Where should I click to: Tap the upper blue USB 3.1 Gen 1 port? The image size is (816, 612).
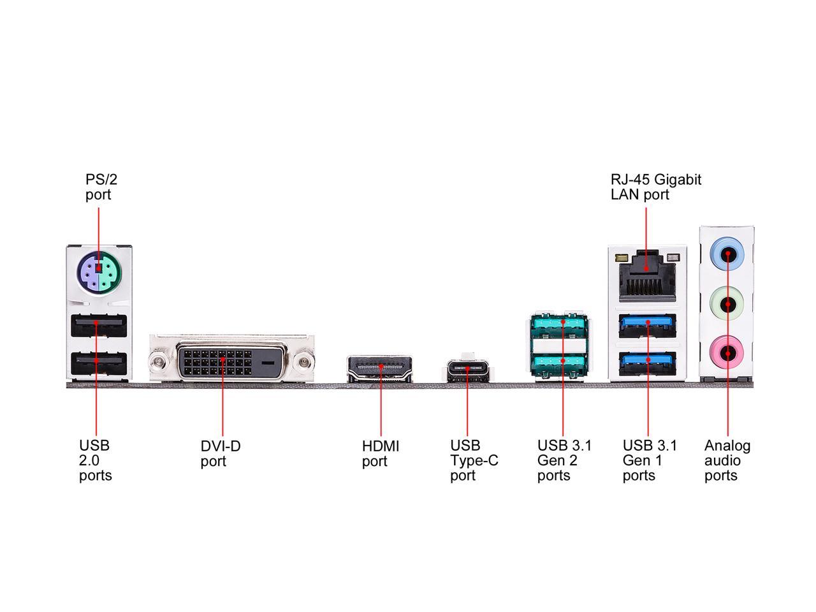[x=648, y=325]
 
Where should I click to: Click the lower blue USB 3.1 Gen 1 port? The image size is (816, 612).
[x=648, y=361]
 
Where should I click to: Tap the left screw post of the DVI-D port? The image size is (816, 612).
[x=157, y=363]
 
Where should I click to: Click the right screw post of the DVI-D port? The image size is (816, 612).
[x=305, y=363]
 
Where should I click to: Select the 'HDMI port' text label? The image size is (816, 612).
[x=381, y=453]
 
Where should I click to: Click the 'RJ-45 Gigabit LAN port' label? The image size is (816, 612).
[x=655, y=187]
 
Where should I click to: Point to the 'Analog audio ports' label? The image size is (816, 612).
[x=727, y=460]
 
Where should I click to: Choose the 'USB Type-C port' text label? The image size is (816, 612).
[x=474, y=460]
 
